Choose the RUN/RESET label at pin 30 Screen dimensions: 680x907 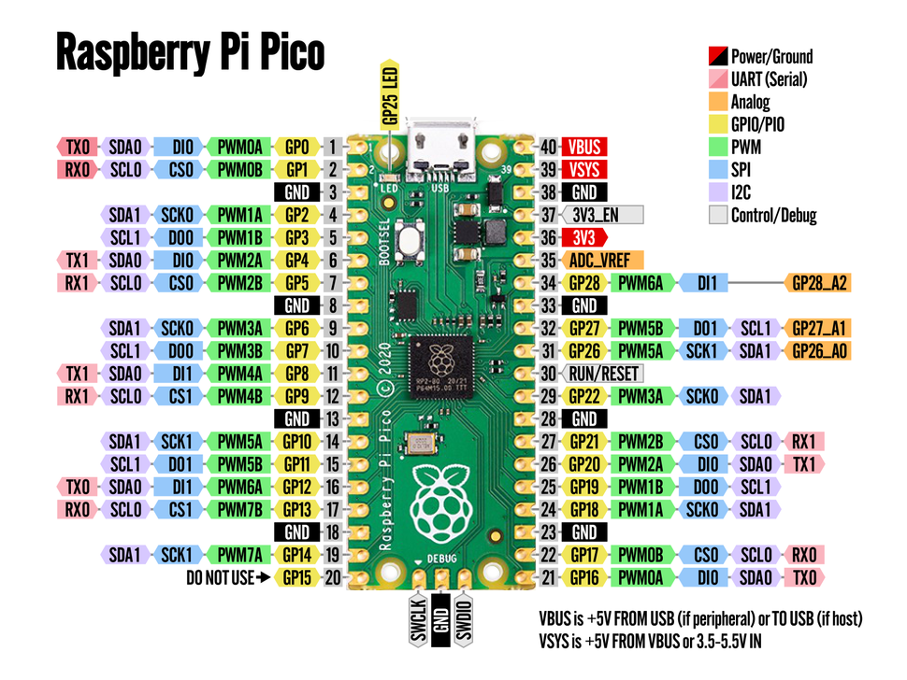603,373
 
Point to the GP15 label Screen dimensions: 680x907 297,577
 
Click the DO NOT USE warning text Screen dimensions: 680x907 221,577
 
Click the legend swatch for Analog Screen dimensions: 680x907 718,102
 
